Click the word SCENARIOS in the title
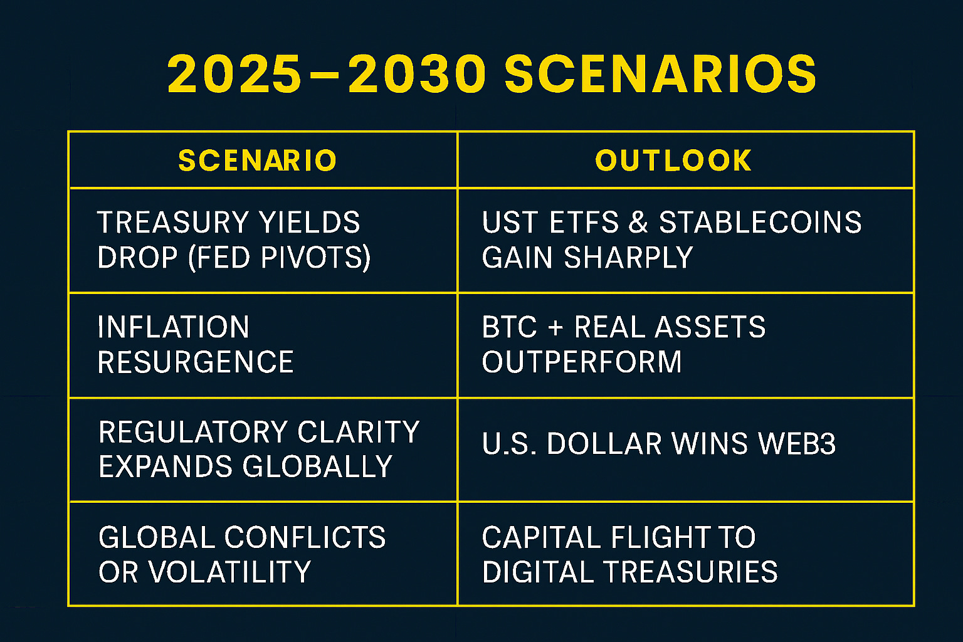point(660,73)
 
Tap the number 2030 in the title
point(416,73)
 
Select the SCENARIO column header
point(257,160)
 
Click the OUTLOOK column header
point(673,160)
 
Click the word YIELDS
point(309,223)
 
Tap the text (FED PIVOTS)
point(280,258)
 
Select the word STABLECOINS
point(760,223)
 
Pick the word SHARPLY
point(628,258)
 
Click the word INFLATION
point(173,327)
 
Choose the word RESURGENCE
point(196,362)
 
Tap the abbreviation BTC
point(510,327)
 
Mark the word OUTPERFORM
point(582,362)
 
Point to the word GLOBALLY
point(317,466)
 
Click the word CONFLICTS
point(305,537)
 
